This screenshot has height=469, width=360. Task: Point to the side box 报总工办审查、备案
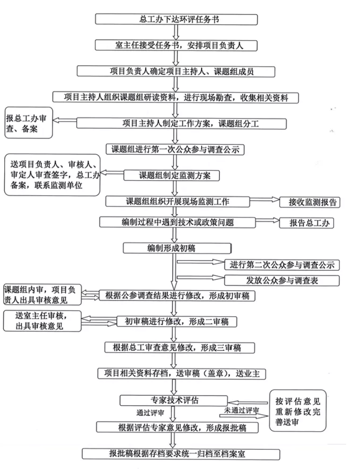point(28,124)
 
